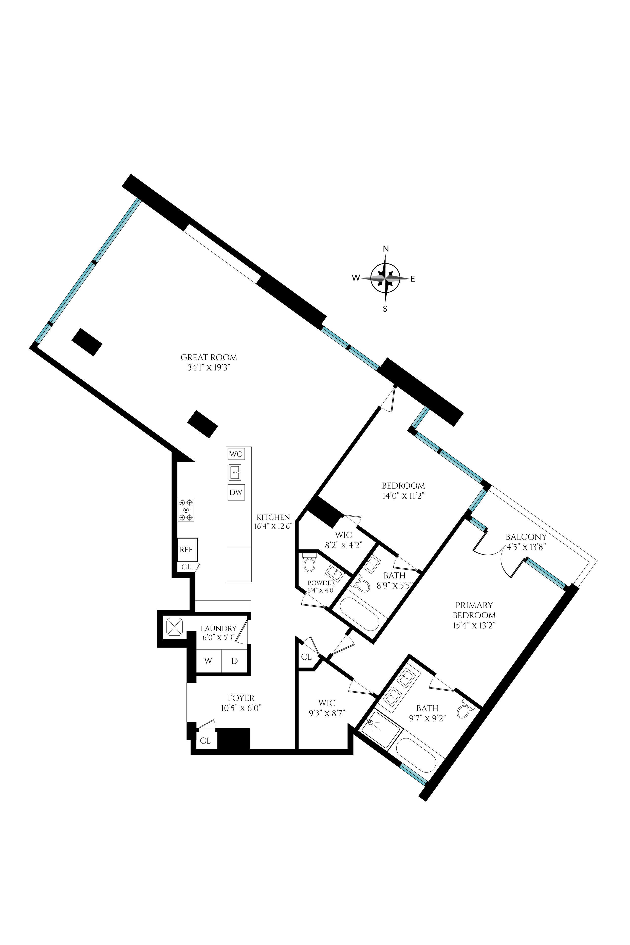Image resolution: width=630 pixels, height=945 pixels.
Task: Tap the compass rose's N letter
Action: [x=386, y=249]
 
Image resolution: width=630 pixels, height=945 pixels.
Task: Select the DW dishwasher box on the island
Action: [x=236, y=492]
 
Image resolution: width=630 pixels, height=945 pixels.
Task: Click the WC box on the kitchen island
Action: [x=236, y=454]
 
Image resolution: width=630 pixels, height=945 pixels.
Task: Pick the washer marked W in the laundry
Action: [x=208, y=660]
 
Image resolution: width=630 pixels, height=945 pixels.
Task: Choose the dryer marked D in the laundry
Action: [x=235, y=660]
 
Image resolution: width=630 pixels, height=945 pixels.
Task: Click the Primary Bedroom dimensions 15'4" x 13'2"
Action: [x=474, y=626]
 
